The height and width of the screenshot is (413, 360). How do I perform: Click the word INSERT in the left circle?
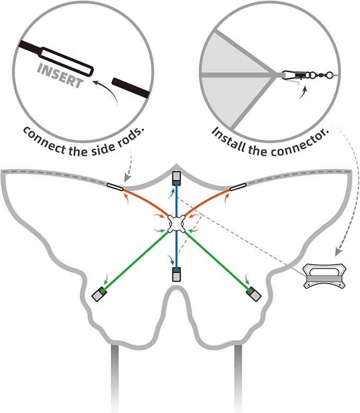coord(60,76)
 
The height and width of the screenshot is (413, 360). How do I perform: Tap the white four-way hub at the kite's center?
coord(177,224)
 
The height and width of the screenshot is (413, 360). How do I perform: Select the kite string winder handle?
coord(324,276)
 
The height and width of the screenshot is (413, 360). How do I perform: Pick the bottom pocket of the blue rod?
coord(177,274)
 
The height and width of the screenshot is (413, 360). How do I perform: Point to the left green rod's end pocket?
coord(99,294)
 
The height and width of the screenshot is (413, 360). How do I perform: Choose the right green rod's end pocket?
coord(253,294)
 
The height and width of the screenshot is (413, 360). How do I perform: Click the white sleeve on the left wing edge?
coord(115,187)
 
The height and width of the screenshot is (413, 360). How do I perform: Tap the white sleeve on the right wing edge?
coord(238,187)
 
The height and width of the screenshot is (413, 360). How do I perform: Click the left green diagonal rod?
coord(136,260)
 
